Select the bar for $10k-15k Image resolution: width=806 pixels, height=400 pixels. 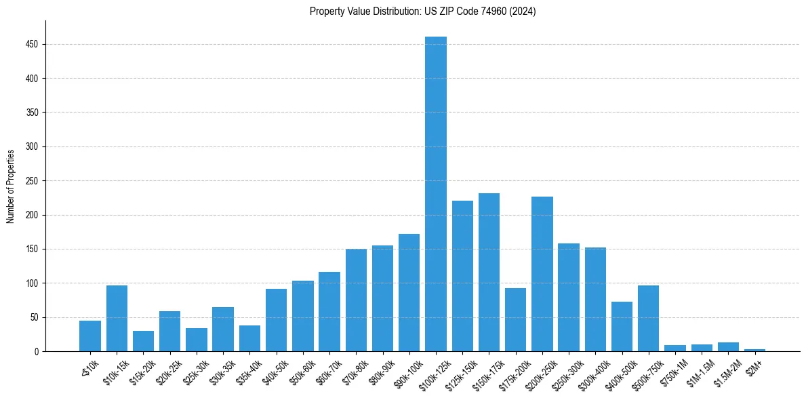117,318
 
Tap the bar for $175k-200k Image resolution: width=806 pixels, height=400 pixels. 516,319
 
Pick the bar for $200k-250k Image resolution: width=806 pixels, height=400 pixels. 542,274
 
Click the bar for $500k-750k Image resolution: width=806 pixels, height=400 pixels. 649,318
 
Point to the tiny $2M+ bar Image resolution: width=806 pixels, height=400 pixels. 755,350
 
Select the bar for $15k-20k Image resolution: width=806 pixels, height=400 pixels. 143,341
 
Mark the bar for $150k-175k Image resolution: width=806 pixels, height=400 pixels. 489,272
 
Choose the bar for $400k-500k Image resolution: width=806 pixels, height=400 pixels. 622,326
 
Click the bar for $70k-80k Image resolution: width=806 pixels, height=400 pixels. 356,300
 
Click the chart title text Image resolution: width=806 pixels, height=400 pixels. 423,12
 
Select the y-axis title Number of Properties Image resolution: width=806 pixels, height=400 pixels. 11,186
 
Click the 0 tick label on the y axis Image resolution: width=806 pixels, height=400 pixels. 37,351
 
